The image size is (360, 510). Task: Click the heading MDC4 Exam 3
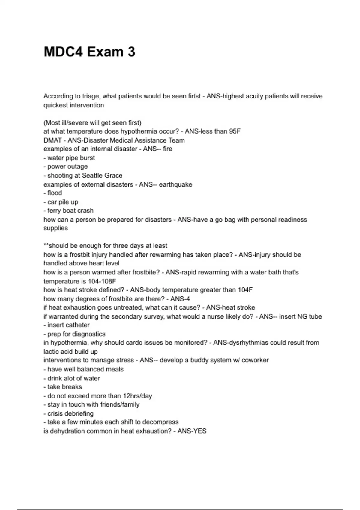coord(89,52)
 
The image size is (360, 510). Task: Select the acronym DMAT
coord(52,140)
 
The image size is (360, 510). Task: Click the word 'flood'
coord(55,193)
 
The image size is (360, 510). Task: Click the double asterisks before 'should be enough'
coord(46,246)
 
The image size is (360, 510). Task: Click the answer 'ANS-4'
coord(180,299)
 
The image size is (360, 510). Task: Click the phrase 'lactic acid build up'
coord(70,352)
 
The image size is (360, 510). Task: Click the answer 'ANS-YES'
coord(192,431)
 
